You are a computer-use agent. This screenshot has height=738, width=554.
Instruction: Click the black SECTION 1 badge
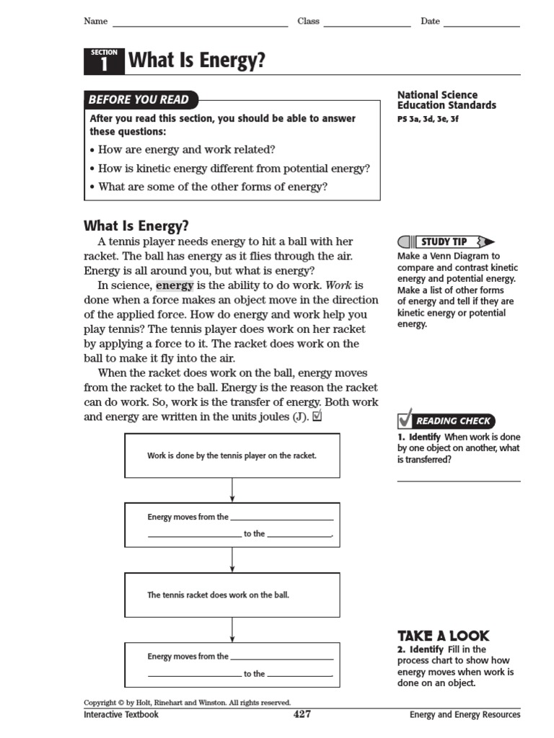tap(104, 61)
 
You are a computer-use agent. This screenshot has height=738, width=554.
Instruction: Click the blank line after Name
tap(200, 25)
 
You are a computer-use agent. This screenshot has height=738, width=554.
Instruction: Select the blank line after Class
tap(366, 25)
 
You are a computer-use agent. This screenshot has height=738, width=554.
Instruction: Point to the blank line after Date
tap(481, 25)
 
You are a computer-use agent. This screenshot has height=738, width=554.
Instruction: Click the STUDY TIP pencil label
tap(446, 242)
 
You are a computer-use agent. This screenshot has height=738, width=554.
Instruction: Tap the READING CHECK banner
tap(446, 420)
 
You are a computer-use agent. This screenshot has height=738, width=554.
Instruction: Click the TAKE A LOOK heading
tap(443, 636)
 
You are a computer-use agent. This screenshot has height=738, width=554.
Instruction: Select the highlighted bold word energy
tap(175, 285)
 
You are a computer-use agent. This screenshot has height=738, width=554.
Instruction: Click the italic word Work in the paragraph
tap(339, 285)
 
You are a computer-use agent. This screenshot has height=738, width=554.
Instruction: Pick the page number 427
tap(302, 715)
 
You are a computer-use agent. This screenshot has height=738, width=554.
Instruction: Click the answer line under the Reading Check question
tap(458, 480)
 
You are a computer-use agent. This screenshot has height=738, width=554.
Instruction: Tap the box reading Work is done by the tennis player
tap(232, 455)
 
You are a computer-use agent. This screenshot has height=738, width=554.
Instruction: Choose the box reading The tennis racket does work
tap(232, 595)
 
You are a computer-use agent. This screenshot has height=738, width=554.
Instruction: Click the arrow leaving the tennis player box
tap(232, 490)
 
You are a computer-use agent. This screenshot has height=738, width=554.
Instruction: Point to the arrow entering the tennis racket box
tap(232, 560)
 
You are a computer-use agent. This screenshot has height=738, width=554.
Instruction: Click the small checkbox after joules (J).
tap(317, 417)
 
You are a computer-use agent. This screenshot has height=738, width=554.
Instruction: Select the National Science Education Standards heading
tap(447, 100)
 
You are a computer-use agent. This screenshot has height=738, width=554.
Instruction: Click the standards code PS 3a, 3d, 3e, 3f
tap(428, 119)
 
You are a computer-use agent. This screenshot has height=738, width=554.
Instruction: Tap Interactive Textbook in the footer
tap(121, 715)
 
